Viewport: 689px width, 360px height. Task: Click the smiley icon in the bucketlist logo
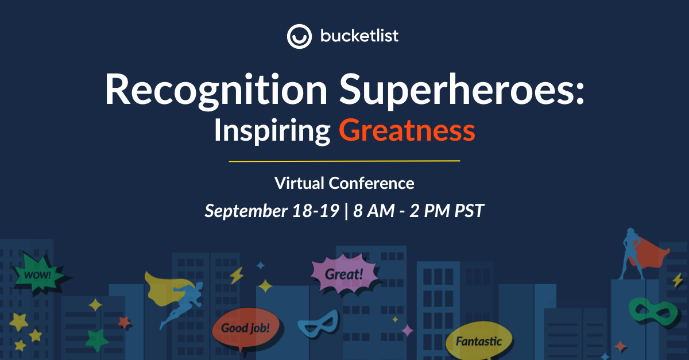click(x=299, y=36)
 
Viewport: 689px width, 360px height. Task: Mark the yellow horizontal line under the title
click(x=344, y=161)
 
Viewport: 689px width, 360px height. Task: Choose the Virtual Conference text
click(x=344, y=183)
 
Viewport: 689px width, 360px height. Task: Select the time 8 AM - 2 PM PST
click(x=419, y=211)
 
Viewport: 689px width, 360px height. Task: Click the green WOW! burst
click(x=38, y=274)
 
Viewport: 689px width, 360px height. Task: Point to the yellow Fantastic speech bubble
click(x=478, y=341)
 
